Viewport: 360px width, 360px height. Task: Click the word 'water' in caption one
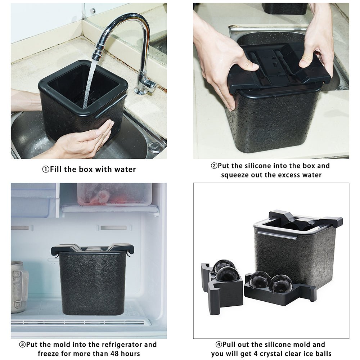tap(125, 170)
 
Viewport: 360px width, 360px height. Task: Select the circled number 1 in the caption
tap(46, 170)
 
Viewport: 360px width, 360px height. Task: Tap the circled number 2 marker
tap(214, 166)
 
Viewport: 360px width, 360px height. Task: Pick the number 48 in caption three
tap(115, 354)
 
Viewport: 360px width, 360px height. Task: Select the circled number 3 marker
tap(22, 345)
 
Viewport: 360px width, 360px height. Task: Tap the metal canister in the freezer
tap(19, 287)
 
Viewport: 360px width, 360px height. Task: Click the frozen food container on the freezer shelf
tap(114, 194)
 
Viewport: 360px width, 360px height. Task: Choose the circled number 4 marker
tap(219, 345)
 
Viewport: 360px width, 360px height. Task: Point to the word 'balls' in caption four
tap(322, 354)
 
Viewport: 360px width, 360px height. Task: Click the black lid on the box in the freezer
tap(92, 249)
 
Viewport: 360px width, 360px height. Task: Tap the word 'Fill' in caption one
tap(56, 170)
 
